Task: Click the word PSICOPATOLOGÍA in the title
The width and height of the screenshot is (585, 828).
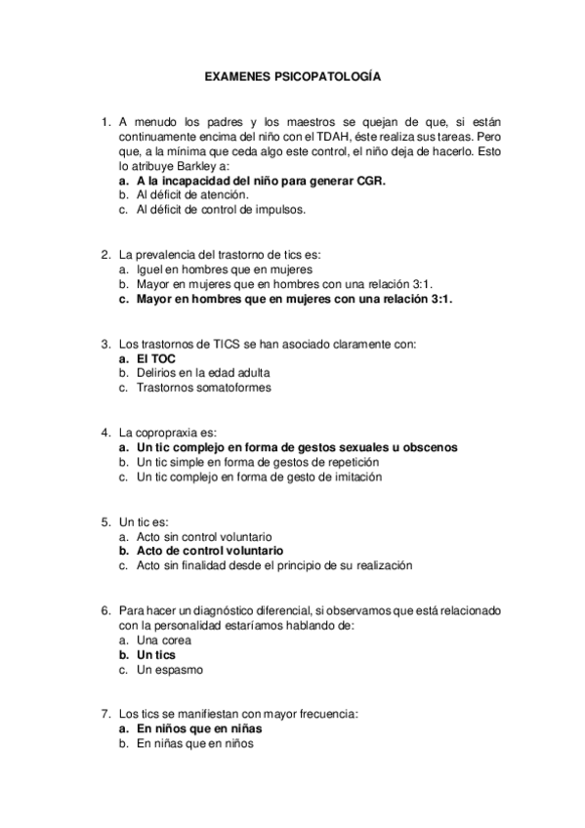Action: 329,75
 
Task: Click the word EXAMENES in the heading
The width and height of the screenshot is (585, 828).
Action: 237,75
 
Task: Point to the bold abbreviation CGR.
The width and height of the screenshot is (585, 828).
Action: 370,181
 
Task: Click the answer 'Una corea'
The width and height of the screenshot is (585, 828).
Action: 164,641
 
